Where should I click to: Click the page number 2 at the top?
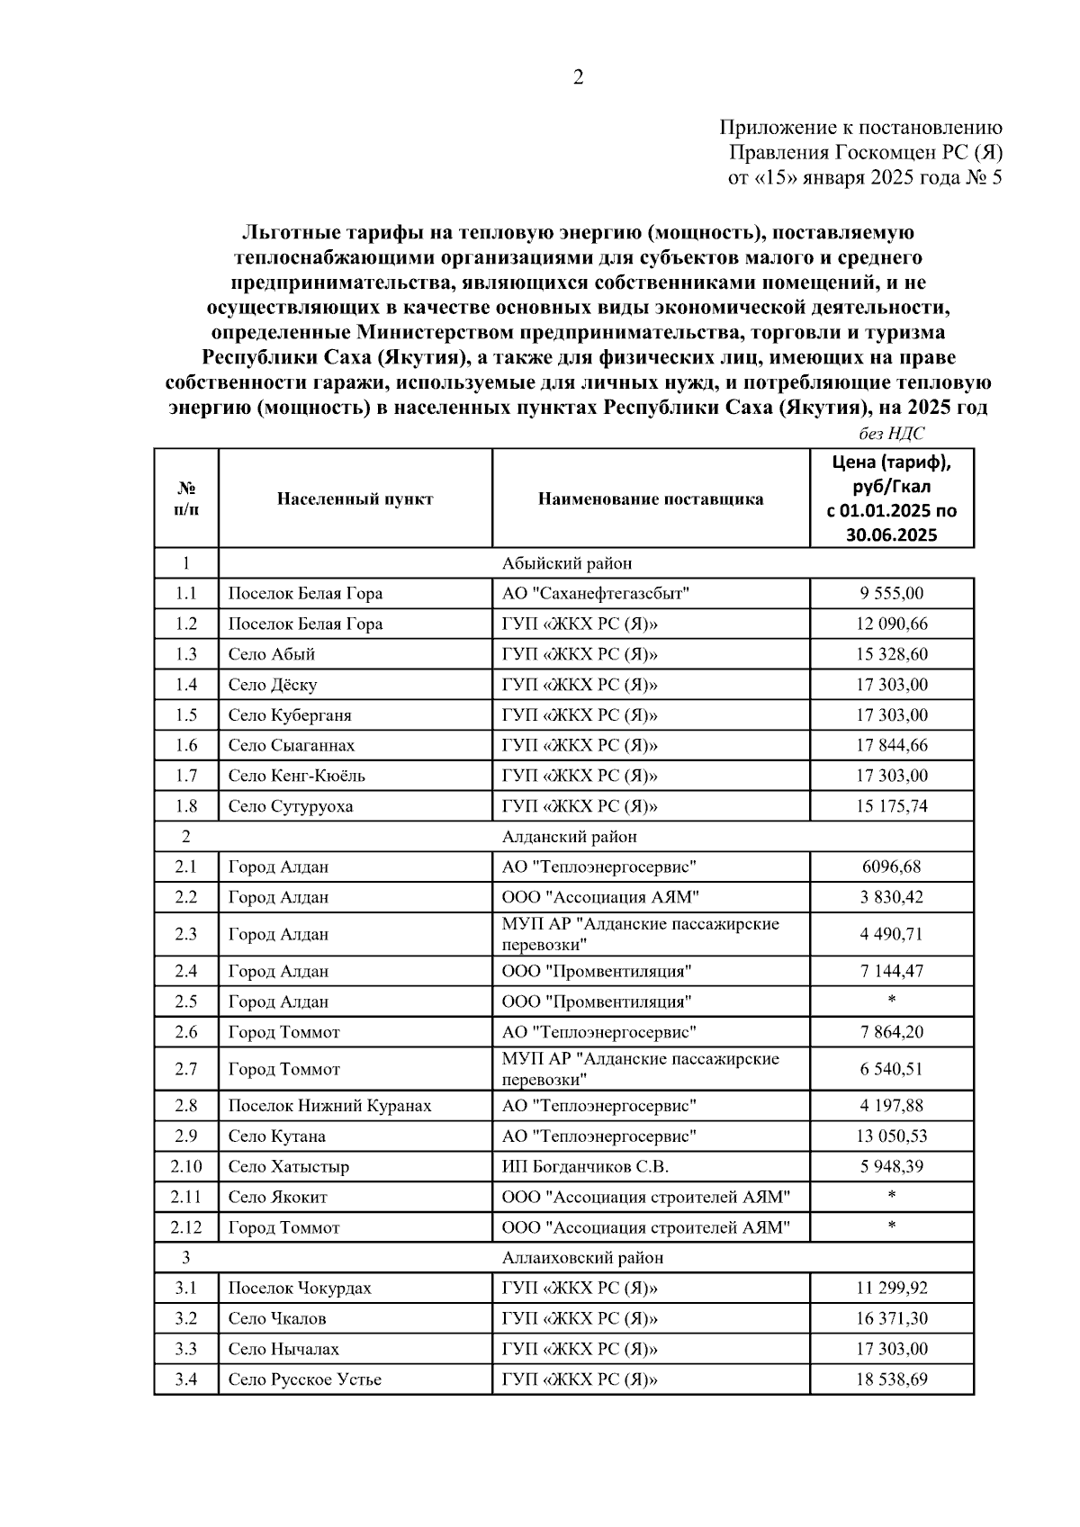(x=578, y=77)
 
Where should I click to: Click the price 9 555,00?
(x=891, y=594)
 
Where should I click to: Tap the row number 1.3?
(x=185, y=654)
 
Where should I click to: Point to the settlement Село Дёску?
(x=272, y=685)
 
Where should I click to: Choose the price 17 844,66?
(x=891, y=745)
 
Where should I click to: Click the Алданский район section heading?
(x=569, y=837)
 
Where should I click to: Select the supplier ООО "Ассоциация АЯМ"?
(x=600, y=897)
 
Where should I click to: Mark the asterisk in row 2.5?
(x=891, y=1001)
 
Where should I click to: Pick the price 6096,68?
(x=891, y=867)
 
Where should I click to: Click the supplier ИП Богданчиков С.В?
(x=585, y=1167)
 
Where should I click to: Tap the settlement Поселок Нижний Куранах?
(x=329, y=1106)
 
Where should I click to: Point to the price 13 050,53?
(x=891, y=1136)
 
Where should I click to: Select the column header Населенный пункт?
(x=355, y=499)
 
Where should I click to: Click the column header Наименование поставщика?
(x=651, y=499)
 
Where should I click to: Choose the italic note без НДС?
(x=891, y=434)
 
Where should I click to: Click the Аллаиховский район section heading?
(x=582, y=1258)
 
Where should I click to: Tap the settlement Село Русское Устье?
(x=304, y=1379)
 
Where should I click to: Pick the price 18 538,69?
(x=891, y=1379)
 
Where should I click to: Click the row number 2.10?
(x=185, y=1167)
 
